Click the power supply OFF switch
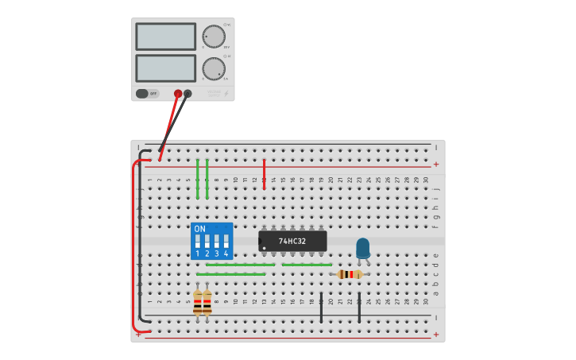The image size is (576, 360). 147,93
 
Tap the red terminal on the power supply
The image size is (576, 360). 178,93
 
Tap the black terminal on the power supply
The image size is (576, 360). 187,93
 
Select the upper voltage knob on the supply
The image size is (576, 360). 213,36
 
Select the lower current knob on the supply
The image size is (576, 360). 213,68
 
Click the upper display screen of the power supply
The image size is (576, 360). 165,37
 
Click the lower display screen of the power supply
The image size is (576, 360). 165,68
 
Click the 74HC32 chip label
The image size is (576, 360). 292,241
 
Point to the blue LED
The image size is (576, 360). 362,248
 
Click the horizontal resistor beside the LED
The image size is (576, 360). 350,274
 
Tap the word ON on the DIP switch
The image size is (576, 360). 199,229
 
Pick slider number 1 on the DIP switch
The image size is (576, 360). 198,240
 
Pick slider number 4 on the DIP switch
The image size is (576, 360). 226,240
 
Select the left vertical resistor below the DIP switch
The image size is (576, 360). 197,302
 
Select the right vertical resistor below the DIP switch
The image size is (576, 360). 207,302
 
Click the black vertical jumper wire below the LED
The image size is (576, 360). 359,307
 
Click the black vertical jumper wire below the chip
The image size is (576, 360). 321,307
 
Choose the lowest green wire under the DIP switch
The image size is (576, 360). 230,274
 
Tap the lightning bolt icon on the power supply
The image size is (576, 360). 225,94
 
